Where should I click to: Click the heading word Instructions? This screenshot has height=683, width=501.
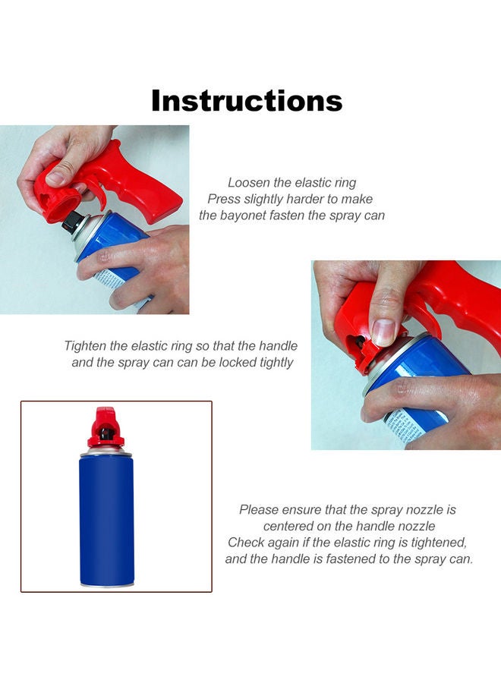coord(247,101)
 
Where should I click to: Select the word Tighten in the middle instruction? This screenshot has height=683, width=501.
coord(85,346)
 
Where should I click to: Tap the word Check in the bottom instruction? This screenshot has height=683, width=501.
coord(246,543)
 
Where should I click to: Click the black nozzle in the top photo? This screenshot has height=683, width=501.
coord(73,221)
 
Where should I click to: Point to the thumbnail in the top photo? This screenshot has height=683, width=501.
coord(55,178)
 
